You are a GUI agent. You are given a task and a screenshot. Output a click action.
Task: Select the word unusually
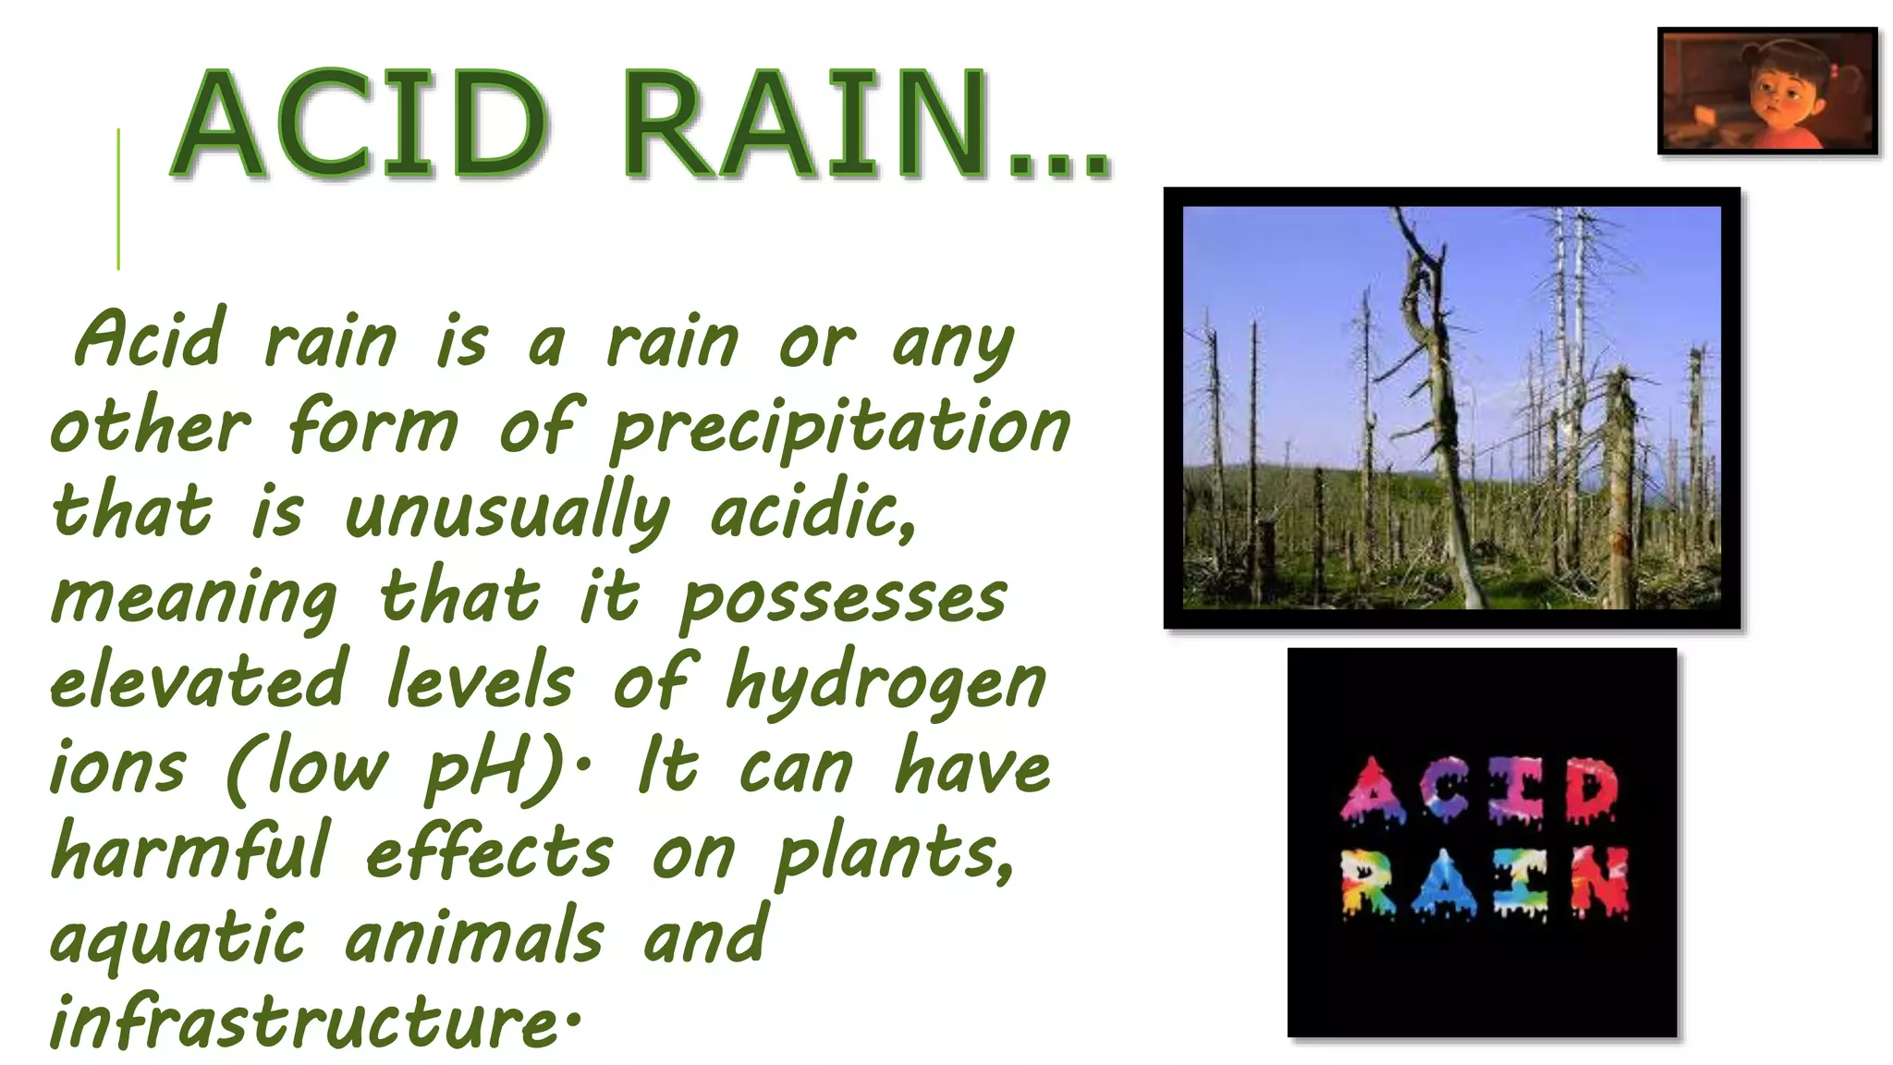tap(507, 513)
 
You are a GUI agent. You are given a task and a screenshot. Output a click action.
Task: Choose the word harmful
tap(189, 851)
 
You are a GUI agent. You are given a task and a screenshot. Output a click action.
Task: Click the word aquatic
tap(177, 936)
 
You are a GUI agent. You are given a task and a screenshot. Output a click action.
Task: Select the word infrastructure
tap(305, 1022)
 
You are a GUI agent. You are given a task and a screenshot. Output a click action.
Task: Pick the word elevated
tap(199, 681)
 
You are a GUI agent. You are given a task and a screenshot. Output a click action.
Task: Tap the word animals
tap(474, 936)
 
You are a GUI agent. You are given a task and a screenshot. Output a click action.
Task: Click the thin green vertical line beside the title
tap(118, 199)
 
